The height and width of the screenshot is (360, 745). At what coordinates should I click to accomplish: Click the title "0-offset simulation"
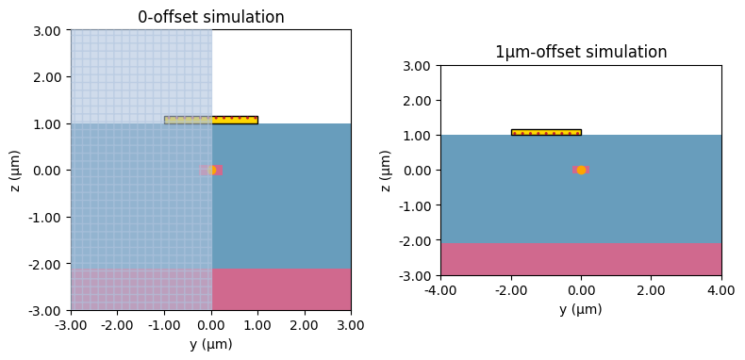pyautogui.click(x=211, y=17)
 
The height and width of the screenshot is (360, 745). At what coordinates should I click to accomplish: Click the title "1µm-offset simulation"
pyautogui.click(x=581, y=53)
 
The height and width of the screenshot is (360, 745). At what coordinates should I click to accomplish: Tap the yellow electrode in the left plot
pyautogui.click(x=233, y=120)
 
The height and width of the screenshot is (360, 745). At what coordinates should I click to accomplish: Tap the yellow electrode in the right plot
pyautogui.click(x=546, y=133)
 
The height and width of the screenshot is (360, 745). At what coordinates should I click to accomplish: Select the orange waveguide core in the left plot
pyautogui.click(x=211, y=171)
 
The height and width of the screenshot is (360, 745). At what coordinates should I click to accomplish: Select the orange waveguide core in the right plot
pyautogui.click(x=581, y=170)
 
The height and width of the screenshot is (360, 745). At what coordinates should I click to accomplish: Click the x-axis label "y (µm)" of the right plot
pyautogui.click(x=581, y=309)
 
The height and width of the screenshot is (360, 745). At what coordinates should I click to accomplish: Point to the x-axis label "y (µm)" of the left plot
pyautogui.click(x=211, y=344)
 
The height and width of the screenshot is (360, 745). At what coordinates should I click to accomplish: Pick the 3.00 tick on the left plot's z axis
pyautogui.click(x=47, y=31)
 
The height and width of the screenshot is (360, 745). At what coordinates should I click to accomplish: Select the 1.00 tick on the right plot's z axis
pyautogui.click(x=417, y=136)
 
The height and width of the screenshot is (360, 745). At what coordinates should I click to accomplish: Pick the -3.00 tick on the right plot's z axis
pyautogui.click(x=415, y=276)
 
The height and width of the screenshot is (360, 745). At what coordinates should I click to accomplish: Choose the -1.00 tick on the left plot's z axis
pyautogui.click(x=45, y=218)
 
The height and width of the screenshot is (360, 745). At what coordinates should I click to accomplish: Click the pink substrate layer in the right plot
pyautogui.click(x=581, y=259)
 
